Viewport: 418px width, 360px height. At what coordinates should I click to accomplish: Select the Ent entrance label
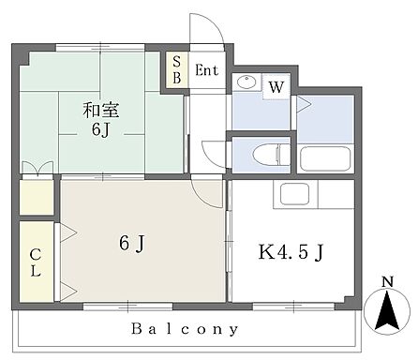[206, 70]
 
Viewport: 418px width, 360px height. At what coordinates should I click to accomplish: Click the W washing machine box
[276, 87]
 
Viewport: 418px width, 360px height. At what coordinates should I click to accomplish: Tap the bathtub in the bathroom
[325, 155]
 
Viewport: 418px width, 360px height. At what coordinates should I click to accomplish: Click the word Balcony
[185, 329]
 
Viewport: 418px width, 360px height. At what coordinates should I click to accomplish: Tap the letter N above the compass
[387, 280]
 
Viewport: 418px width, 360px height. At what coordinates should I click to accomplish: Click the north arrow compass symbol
[387, 308]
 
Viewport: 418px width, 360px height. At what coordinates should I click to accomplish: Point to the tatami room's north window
[100, 46]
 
